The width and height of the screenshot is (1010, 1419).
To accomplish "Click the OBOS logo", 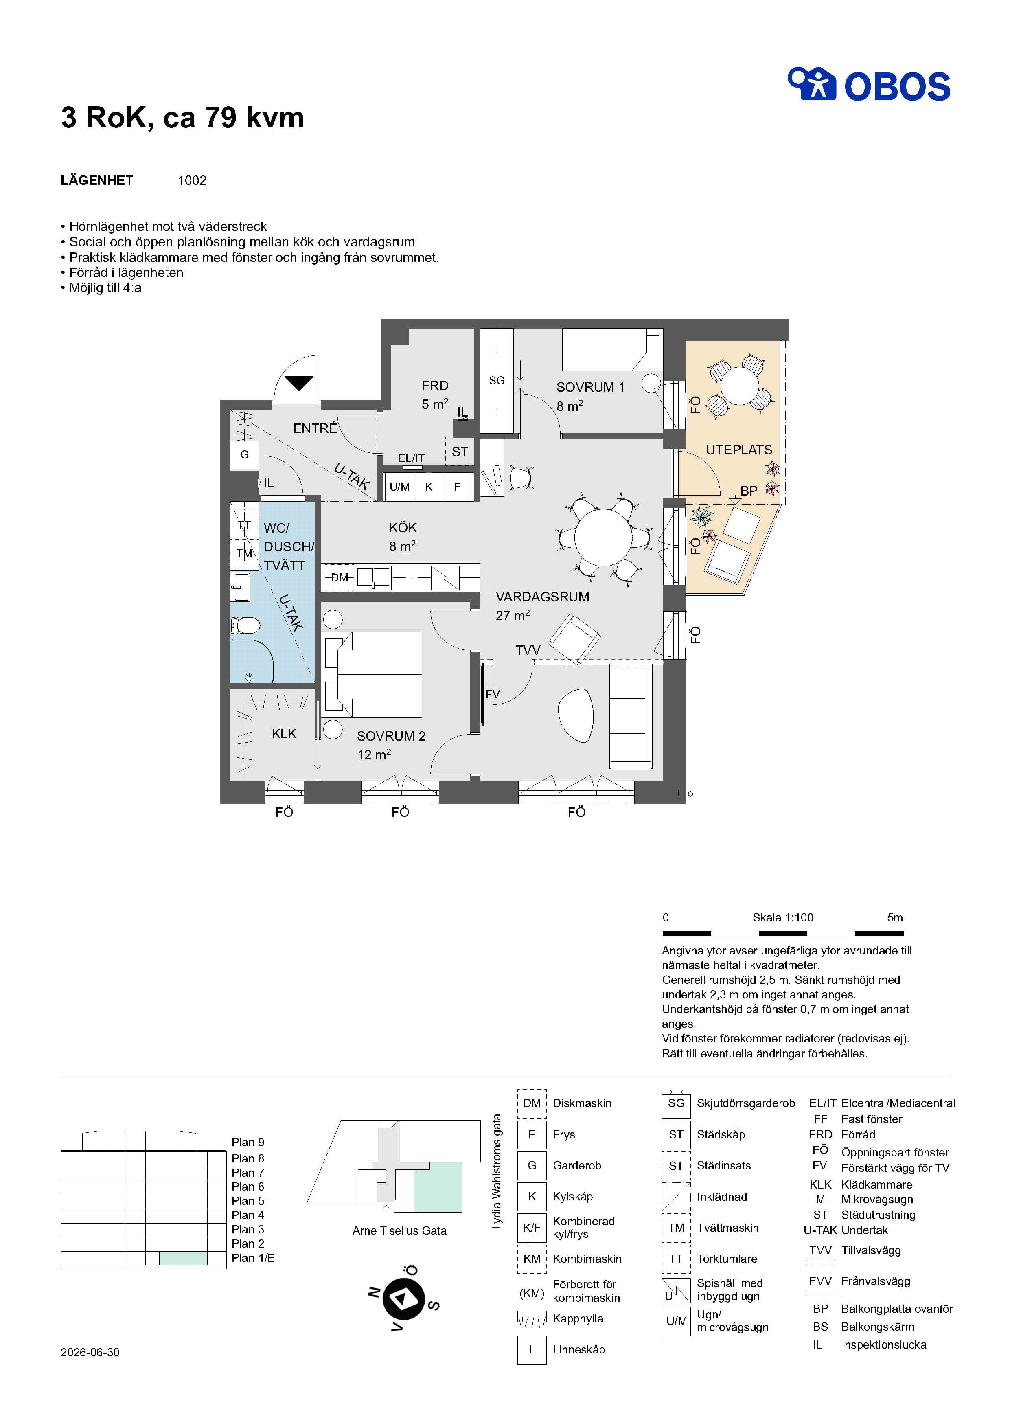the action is coord(869,85).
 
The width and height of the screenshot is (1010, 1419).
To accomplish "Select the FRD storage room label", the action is coord(435,386).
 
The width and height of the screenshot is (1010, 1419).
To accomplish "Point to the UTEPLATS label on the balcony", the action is coord(739,450).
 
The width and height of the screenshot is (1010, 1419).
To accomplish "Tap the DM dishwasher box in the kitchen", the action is coord(340,577).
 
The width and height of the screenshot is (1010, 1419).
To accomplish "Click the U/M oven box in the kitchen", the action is coord(399,487).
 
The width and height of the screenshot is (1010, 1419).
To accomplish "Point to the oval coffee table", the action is coord(576,715).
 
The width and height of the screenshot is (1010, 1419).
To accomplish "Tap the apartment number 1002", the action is coord(192,180).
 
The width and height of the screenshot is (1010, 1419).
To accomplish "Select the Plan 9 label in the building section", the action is coord(248,1142).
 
